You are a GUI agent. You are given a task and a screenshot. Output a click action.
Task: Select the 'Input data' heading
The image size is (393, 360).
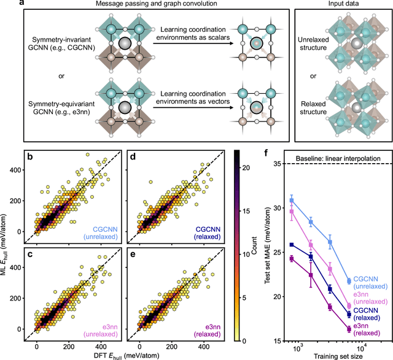(340, 6)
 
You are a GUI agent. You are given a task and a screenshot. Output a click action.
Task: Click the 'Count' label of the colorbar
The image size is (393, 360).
(253, 250)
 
